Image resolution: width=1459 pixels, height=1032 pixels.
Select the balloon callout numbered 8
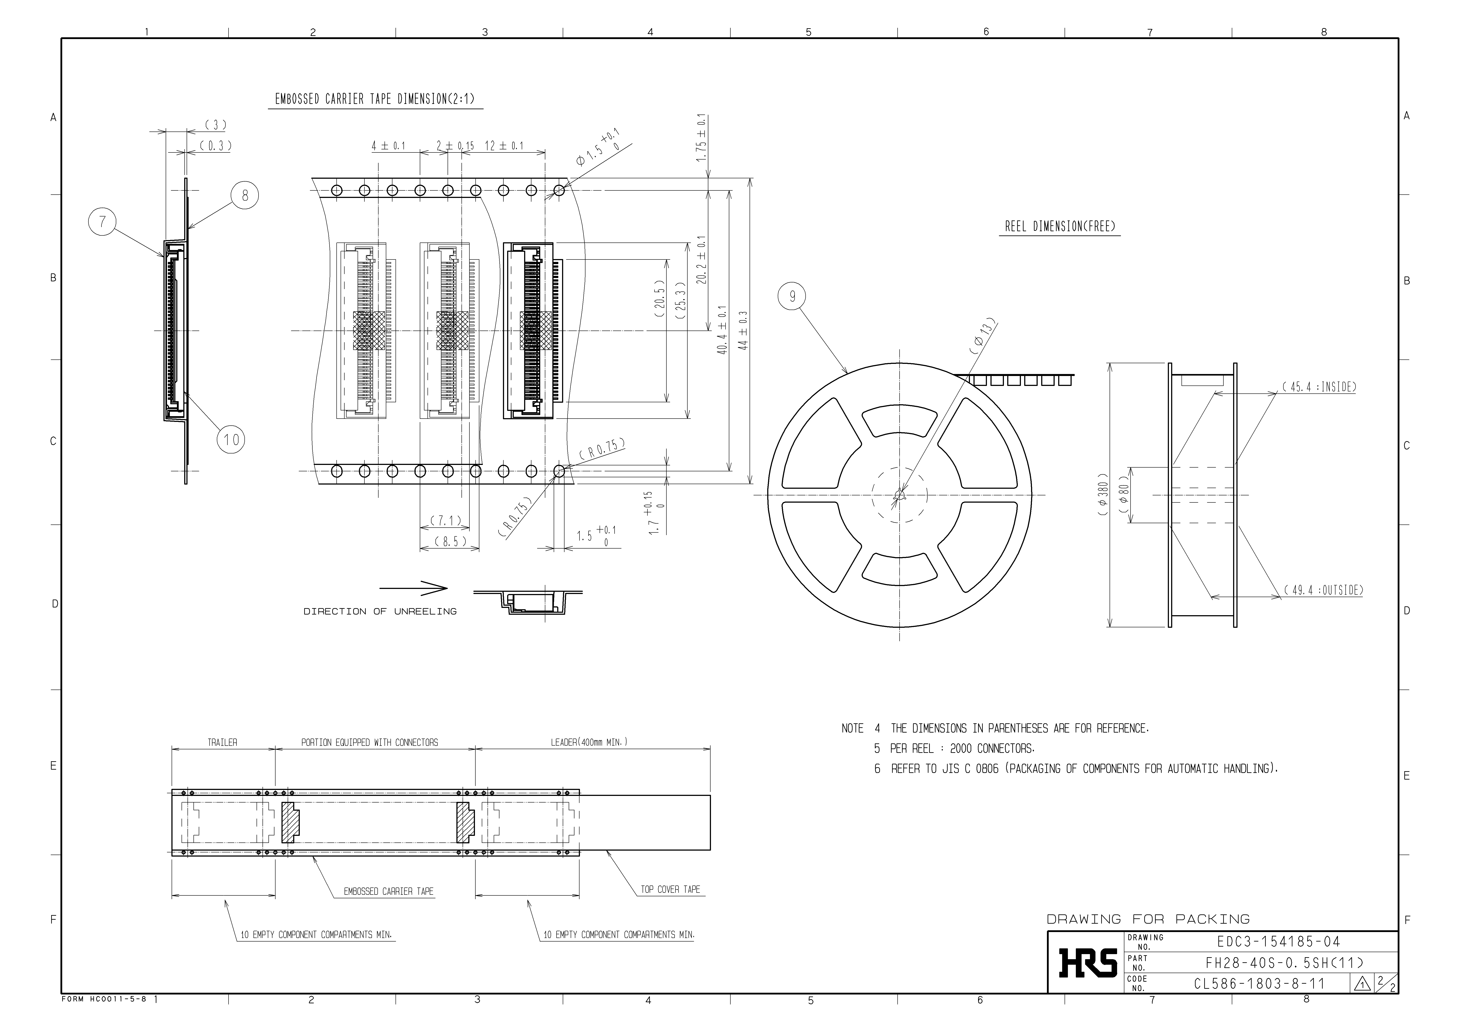[x=245, y=195]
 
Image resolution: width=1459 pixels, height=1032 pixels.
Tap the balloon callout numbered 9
[x=792, y=297]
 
